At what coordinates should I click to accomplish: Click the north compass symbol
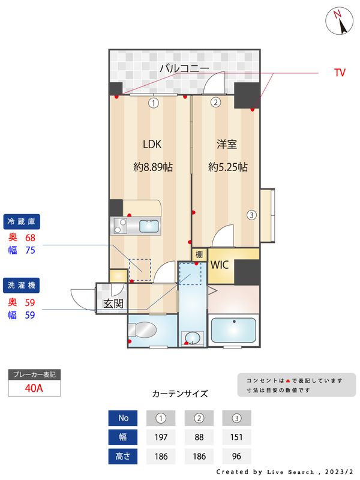point(340,22)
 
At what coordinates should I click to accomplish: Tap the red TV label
point(340,73)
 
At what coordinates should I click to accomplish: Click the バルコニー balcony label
point(184,68)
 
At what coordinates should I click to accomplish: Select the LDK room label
point(152,144)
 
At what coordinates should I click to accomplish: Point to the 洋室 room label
point(227,144)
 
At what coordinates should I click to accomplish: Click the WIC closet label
point(219,265)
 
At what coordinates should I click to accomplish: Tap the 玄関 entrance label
point(112,304)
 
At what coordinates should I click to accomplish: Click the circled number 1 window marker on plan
point(154,103)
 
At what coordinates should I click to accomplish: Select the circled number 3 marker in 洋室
point(252,215)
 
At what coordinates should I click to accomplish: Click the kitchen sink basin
point(149,226)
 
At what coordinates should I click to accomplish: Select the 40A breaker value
point(34,388)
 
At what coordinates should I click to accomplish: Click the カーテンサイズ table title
point(180,394)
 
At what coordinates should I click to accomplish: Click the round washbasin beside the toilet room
point(193,337)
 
